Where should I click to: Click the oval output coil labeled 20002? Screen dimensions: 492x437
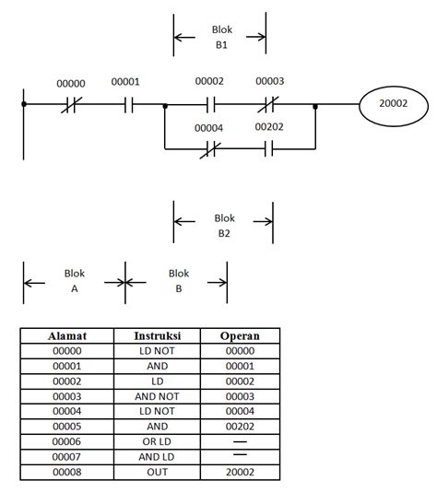pyautogui.click(x=394, y=104)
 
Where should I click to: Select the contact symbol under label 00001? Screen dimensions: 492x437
pyautogui.click(x=126, y=105)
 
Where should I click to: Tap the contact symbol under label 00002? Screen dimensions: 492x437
pyautogui.click(x=209, y=104)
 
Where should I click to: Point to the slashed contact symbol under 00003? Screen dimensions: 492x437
pyautogui.click(x=269, y=104)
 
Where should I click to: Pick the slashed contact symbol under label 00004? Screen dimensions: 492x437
pyautogui.click(x=209, y=147)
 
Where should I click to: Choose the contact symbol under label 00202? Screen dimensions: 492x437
pyautogui.click(x=269, y=147)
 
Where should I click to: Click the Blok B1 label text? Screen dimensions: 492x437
pyautogui.click(x=221, y=36)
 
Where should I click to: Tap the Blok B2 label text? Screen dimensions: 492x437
pyautogui.click(x=224, y=226)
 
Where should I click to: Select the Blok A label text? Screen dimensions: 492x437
pyautogui.click(x=74, y=281)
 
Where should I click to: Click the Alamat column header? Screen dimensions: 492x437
pyautogui.click(x=65, y=336)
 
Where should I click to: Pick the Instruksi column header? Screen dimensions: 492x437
pyautogui.click(x=156, y=336)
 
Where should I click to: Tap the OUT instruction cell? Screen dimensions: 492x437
pyautogui.click(x=156, y=472)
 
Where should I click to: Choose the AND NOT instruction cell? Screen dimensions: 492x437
pyautogui.click(x=156, y=396)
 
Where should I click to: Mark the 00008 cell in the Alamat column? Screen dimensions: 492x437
pyautogui.click(x=65, y=472)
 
